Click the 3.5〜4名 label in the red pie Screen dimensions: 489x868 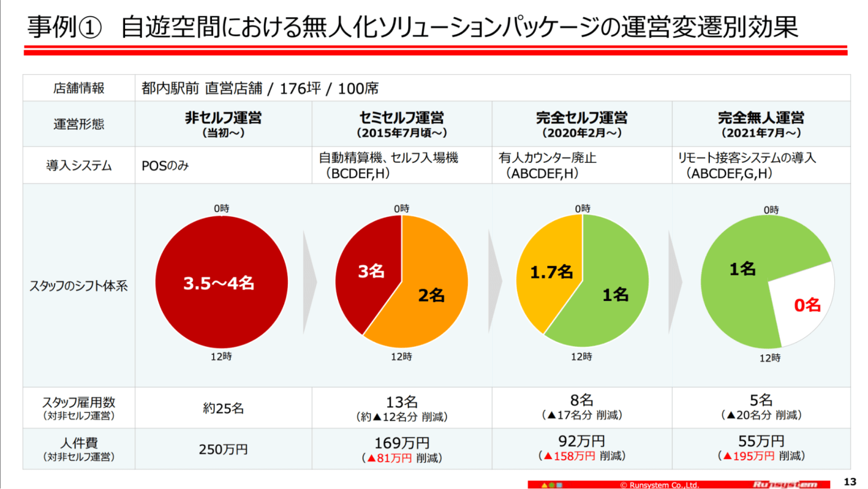pyautogui.click(x=218, y=283)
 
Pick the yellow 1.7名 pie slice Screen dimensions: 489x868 pyautogui.click(x=548, y=272)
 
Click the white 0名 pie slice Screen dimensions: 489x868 pyautogui.click(x=805, y=305)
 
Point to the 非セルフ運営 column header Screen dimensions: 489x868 pyautogui.click(x=223, y=118)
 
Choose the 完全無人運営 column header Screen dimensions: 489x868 pyautogui.click(x=761, y=118)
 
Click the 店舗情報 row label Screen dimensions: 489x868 pyautogui.click(x=78, y=89)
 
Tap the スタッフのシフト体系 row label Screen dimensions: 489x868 pyautogui.click(x=78, y=285)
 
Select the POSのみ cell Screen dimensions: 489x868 pyautogui.click(x=165, y=166)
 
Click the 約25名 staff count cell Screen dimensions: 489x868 pyautogui.click(x=223, y=408)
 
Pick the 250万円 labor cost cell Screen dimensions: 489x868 pyautogui.click(x=223, y=449)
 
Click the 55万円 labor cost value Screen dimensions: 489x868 pyautogui.click(x=761, y=442)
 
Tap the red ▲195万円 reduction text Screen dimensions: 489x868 pyautogui.click(x=745, y=456)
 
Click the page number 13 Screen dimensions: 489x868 pyautogui.click(x=849, y=481)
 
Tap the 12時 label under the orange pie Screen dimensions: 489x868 pyautogui.click(x=401, y=357)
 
